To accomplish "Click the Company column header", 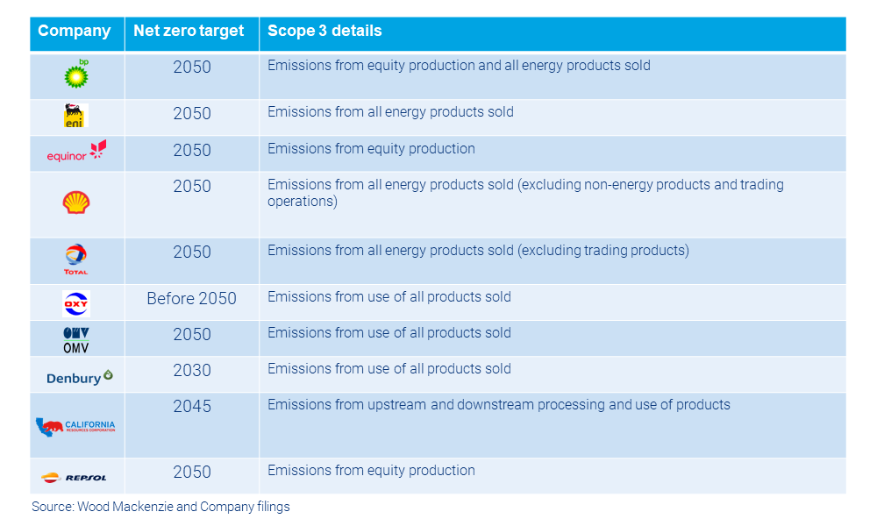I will point(75,32).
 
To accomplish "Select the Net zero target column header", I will point(189,32).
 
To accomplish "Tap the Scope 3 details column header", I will point(324,32).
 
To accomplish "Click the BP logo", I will point(77,75).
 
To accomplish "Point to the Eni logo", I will point(76,116).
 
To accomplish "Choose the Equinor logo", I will point(76,152).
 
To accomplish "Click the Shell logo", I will point(76,203).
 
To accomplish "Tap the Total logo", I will point(76,259).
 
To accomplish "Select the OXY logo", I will point(76,303).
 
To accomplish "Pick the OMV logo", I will point(76,339).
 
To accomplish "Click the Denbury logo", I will point(79,377).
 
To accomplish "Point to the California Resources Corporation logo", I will point(75,427).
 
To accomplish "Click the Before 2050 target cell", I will point(191,299).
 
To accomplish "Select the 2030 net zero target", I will point(191,371).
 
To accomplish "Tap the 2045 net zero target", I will point(191,407).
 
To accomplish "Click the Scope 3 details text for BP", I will point(459,66).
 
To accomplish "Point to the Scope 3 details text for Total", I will point(478,251).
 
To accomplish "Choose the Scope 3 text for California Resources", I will point(498,405).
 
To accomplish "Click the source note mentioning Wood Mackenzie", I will point(160,507).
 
